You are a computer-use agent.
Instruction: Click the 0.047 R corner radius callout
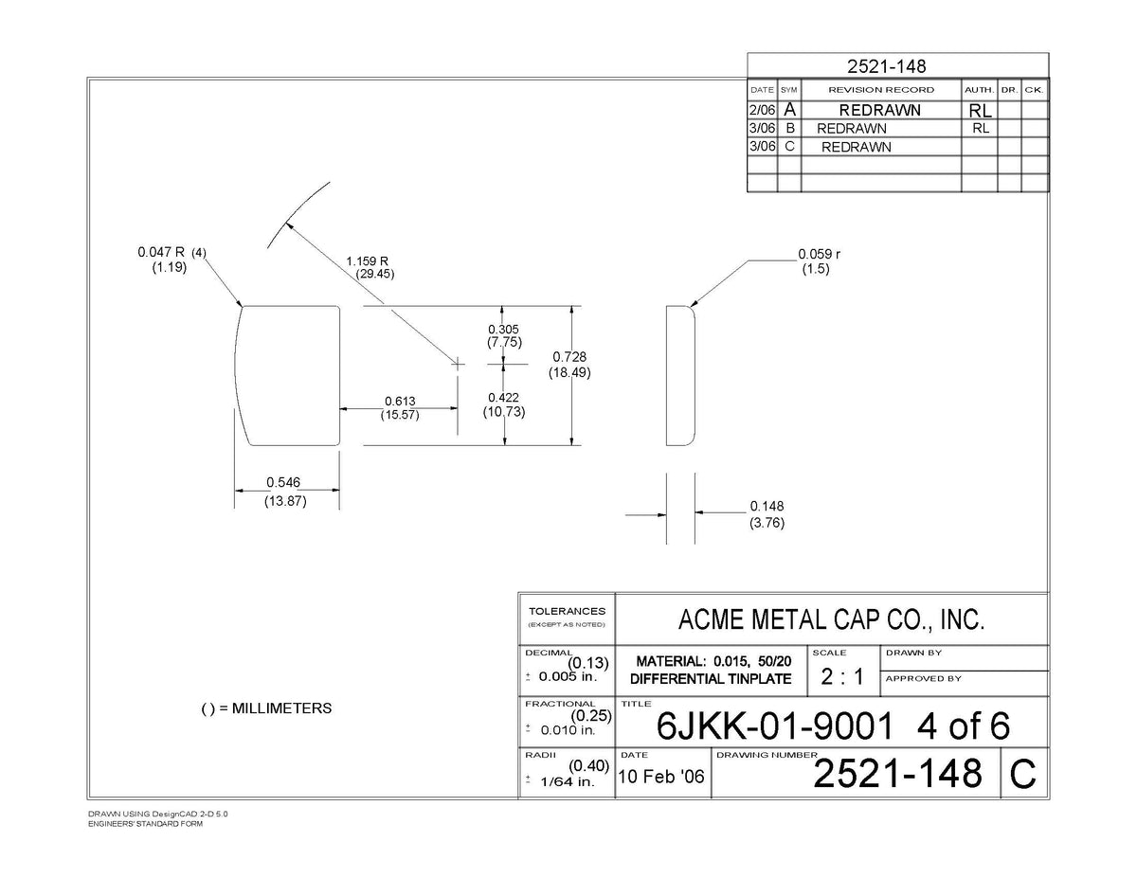tap(161, 252)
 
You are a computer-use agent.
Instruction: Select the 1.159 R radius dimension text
tap(367, 261)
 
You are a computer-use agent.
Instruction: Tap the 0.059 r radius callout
tap(819, 254)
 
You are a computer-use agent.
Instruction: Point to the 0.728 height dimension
tap(569, 357)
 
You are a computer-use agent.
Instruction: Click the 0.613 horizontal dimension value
tap(400, 401)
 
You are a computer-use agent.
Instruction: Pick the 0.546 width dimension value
tap(283, 481)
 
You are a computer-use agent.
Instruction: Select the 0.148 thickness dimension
tap(767, 506)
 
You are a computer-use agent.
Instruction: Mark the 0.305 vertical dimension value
tap(503, 330)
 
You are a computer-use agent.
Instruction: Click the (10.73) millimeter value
tap(504, 412)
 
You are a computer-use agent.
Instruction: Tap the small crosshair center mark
tap(458, 364)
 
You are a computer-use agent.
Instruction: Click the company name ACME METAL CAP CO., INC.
tap(831, 619)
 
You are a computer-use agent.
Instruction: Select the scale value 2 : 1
tap(842, 676)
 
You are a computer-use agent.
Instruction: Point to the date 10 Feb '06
tap(661, 777)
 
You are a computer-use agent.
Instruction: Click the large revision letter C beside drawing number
tap(1023, 774)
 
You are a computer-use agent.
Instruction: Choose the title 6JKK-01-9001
tap(774, 726)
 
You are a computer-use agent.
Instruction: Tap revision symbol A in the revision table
tap(789, 110)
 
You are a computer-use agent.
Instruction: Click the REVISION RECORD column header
tap(881, 90)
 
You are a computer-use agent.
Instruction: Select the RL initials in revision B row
tap(981, 128)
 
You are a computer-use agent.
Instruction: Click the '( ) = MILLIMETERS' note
tap(266, 708)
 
